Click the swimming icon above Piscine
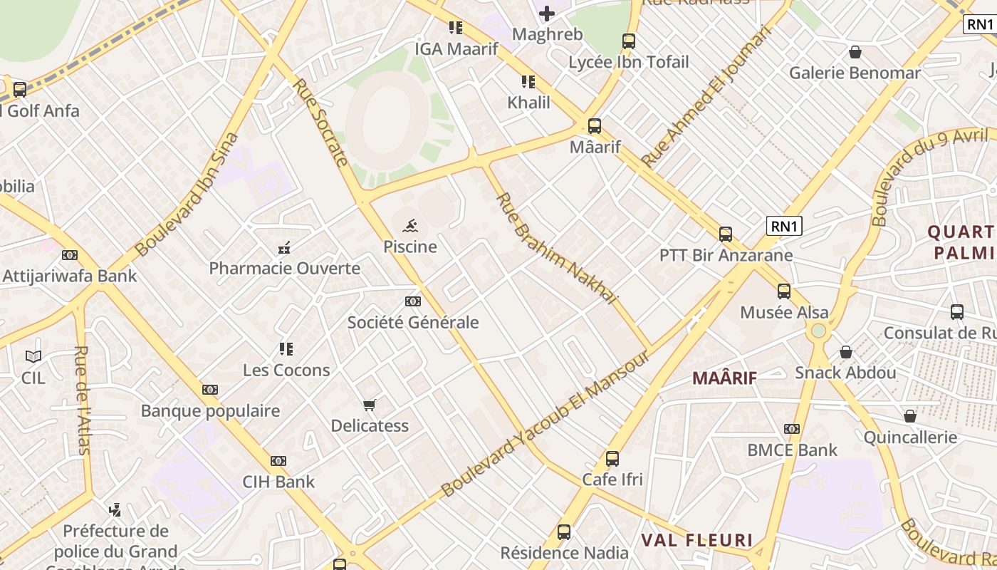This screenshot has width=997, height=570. coord(410,227)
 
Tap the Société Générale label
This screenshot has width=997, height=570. coord(413,322)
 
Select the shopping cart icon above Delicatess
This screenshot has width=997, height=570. coord(369,405)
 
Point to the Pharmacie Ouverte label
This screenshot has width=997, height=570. coord(284,269)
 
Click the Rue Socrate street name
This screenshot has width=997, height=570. coord(320,122)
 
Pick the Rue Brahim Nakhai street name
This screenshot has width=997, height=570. coord(556,248)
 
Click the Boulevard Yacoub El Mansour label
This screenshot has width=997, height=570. coord(546,425)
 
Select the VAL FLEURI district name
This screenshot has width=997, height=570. coord(697,540)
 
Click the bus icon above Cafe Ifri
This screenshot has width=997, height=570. coord(612,459)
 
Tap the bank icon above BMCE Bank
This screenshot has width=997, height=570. coord(792,429)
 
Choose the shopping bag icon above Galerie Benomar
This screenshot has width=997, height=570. coord(855,52)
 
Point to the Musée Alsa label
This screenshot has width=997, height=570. coord(784,312)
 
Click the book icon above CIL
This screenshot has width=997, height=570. coord(33,356)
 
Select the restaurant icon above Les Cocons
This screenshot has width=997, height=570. coord(286,349)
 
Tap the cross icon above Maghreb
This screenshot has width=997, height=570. coord(547,13)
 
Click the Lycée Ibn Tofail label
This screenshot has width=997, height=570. coord(629,62)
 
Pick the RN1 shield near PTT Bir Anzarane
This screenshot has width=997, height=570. coord(784,227)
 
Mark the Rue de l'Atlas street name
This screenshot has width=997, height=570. coord(83,400)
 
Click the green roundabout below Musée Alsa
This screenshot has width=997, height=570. coord(818,331)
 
